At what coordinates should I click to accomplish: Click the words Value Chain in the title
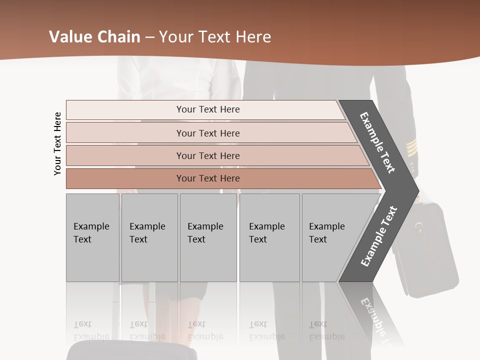pos(94,37)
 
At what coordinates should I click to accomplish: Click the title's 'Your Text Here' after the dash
pos(215,37)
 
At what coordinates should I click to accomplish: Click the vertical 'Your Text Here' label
pos(57,144)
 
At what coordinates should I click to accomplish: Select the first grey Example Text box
pos(92,237)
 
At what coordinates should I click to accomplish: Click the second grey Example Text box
pos(149,237)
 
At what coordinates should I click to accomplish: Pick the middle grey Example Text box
pos(208,237)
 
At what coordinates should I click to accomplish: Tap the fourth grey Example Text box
pos(269,237)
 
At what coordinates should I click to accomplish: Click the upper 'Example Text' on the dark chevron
pos(377,142)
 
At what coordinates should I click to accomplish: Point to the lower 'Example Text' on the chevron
pos(378,236)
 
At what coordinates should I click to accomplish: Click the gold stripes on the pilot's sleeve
pos(411,147)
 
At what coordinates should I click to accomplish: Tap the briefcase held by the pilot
pos(430,250)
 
